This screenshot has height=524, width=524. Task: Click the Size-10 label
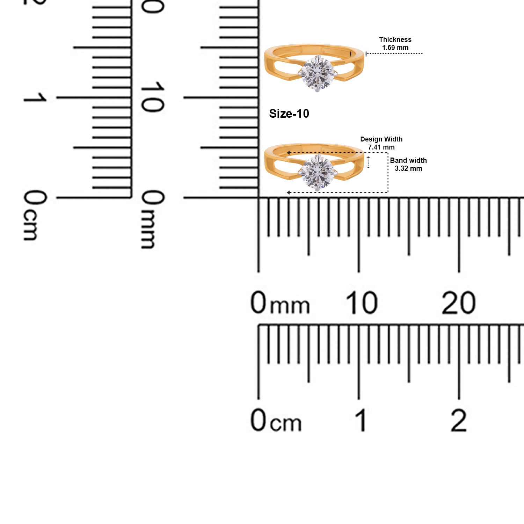(x=289, y=114)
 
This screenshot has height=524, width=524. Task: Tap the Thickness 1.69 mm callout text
(x=395, y=44)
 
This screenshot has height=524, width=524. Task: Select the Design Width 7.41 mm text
(x=381, y=143)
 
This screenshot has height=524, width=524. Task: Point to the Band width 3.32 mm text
(x=408, y=164)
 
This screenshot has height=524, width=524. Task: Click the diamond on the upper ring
(x=318, y=73)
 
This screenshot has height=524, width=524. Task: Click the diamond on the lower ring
(x=318, y=173)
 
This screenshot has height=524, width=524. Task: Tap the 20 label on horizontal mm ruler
(x=458, y=303)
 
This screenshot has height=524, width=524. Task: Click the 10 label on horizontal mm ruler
(x=362, y=303)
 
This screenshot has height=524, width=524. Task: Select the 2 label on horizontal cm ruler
(x=459, y=420)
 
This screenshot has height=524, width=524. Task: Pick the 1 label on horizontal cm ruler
(x=362, y=420)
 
